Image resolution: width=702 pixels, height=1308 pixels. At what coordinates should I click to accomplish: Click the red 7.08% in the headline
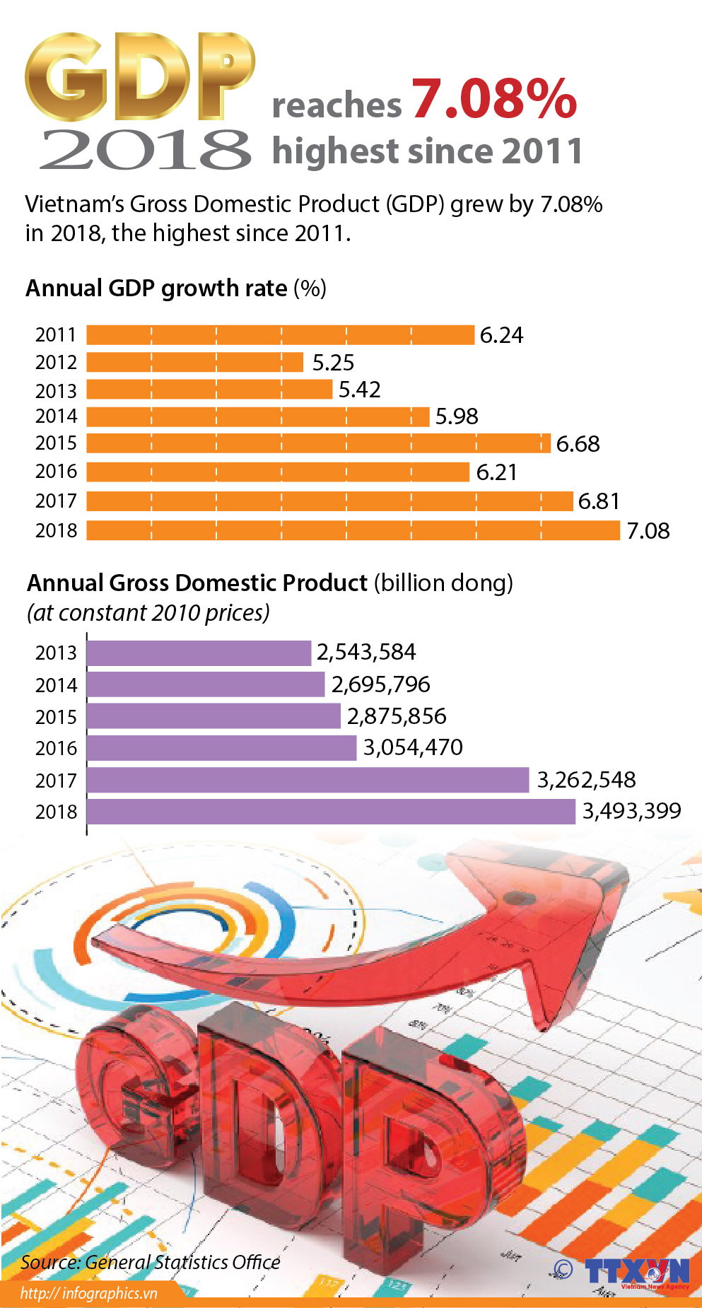pyautogui.click(x=494, y=100)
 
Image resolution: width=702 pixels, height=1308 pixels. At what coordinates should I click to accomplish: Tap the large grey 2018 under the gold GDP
pyautogui.click(x=145, y=150)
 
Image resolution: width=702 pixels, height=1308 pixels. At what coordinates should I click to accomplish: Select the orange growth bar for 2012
pyautogui.click(x=194, y=362)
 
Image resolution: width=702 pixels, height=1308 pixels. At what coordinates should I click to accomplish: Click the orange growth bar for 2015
pyautogui.click(x=318, y=443)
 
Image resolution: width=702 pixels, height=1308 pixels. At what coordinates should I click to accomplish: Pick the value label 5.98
pyautogui.click(x=457, y=416)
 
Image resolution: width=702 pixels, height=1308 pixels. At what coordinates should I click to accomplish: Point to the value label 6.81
pyautogui.click(x=599, y=501)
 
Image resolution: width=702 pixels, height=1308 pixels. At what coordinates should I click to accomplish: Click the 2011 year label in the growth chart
pyautogui.click(x=56, y=335)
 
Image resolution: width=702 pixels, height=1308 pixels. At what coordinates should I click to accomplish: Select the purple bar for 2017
pyautogui.click(x=308, y=780)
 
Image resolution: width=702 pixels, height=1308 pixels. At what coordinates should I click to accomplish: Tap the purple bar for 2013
pyautogui.click(x=199, y=653)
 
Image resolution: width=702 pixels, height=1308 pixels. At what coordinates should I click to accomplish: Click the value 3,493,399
pyautogui.click(x=631, y=811)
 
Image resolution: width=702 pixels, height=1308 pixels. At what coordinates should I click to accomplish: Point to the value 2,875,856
pyautogui.click(x=397, y=716)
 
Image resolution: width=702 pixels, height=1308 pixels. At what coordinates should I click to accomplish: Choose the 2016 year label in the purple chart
pyautogui.click(x=56, y=748)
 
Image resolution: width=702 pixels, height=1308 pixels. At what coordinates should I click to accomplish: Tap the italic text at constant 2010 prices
pyautogui.click(x=148, y=612)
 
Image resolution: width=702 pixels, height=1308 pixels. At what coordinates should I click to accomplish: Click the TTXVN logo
pyautogui.click(x=636, y=1271)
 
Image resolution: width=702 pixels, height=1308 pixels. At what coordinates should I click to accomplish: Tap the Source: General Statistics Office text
pyautogui.click(x=150, y=1262)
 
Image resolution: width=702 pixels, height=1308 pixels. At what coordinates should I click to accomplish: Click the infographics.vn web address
pyautogui.click(x=88, y=1293)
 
